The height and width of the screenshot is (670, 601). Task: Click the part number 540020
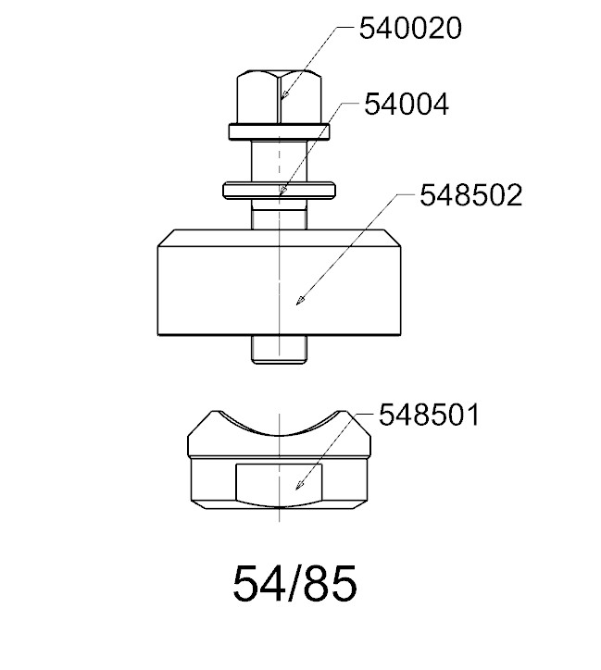tap(410, 29)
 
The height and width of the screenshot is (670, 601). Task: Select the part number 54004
tap(407, 105)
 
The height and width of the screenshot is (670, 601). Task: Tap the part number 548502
tap(471, 195)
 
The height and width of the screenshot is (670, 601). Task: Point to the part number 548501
tap(429, 415)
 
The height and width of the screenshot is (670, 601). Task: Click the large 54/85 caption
tap(294, 584)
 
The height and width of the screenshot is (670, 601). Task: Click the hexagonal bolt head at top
tap(279, 97)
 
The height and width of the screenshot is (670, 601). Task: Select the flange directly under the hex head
tap(279, 132)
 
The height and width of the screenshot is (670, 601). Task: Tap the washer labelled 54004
tap(279, 190)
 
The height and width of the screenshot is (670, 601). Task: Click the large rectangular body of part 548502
tap(280, 291)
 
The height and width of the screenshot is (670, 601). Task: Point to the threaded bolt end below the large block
tap(279, 350)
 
